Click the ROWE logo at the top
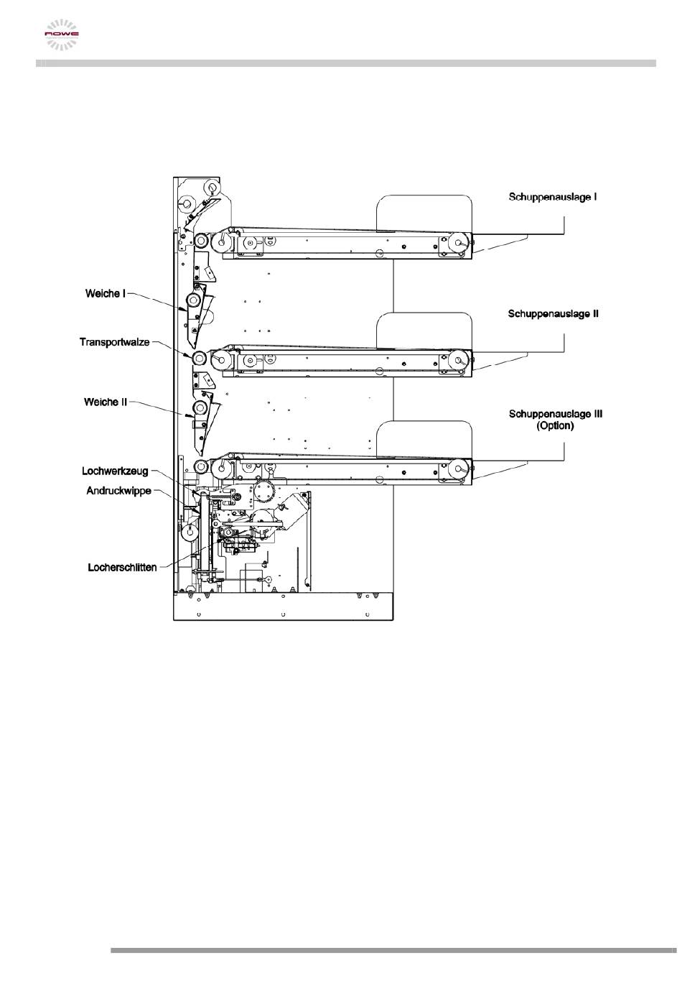(62, 34)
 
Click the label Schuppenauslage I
(553, 196)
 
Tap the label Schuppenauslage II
(553, 314)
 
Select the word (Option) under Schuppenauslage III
(555, 425)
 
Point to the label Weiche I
(105, 293)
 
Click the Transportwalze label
(114, 342)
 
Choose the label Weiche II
(105, 402)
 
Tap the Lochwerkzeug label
(115, 471)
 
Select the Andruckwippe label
(118, 492)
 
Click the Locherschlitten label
(122, 567)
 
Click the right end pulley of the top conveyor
(457, 244)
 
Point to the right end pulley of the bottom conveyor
(457, 469)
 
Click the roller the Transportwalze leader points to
(199, 358)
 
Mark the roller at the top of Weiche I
(193, 300)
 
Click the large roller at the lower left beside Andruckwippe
(190, 533)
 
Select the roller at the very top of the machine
(211, 189)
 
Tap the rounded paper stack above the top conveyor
(424, 213)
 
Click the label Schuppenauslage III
(555, 413)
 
